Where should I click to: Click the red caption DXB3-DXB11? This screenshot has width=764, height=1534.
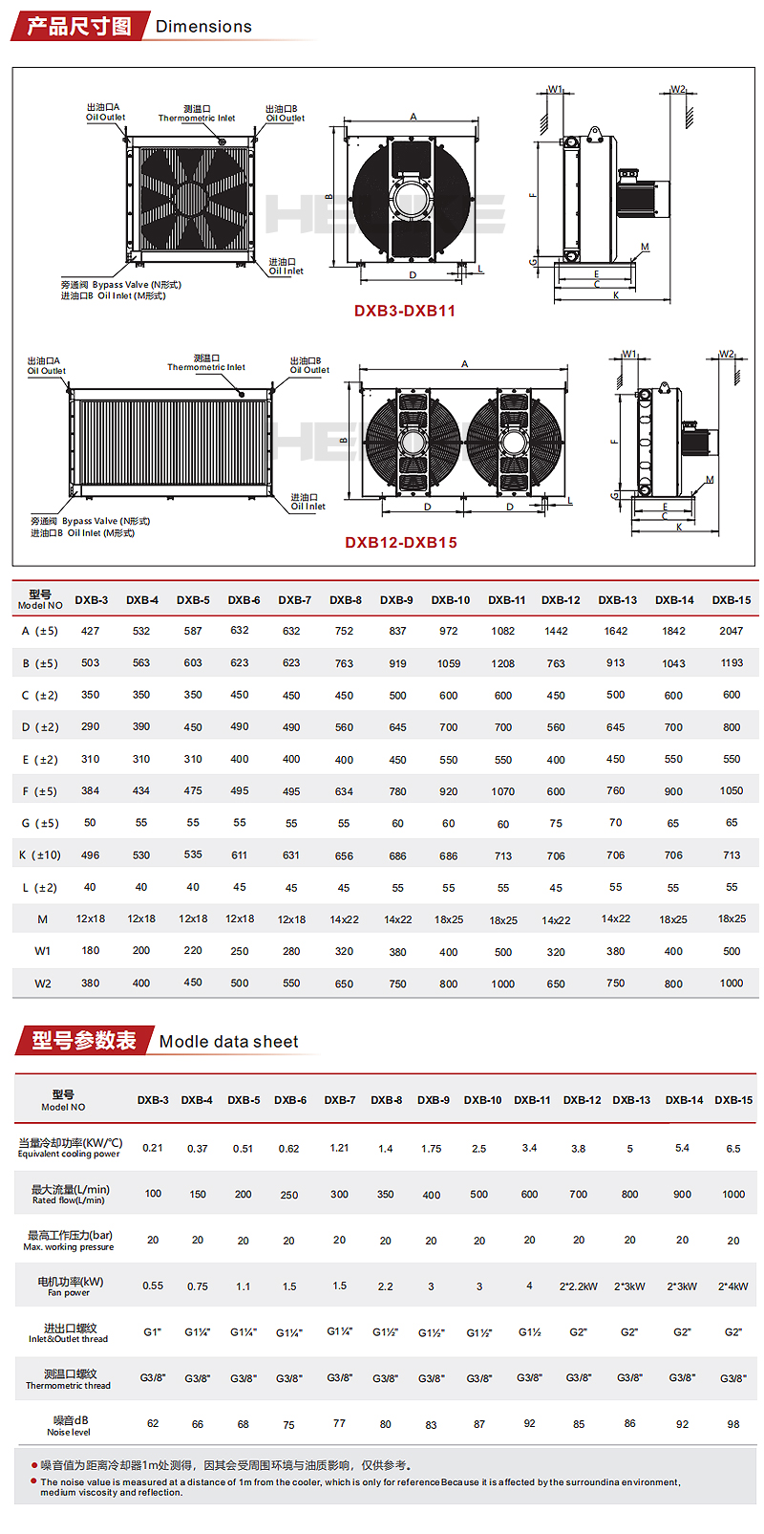[405, 311]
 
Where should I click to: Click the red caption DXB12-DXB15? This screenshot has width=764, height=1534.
[401, 542]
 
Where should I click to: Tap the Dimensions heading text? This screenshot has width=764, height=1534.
[203, 27]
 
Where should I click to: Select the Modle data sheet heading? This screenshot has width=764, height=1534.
[228, 1042]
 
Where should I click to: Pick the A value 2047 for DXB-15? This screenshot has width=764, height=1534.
[732, 631]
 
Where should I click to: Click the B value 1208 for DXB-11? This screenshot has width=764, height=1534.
[503, 663]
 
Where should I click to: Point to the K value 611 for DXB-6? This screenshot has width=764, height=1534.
[240, 855]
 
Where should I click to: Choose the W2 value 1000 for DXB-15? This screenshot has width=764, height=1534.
[732, 983]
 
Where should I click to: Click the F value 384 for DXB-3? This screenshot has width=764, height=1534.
[90, 790]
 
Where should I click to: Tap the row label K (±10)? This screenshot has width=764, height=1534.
[40, 855]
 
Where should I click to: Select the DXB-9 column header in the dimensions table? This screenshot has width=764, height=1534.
[396, 600]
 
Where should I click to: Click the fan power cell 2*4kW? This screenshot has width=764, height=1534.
[733, 1286]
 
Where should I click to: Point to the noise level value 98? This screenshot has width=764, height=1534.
[733, 1424]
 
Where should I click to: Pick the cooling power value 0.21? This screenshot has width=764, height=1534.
[153, 1148]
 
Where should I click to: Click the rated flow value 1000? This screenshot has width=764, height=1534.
[733, 1194]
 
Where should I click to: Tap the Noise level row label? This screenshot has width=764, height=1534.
[69, 1425]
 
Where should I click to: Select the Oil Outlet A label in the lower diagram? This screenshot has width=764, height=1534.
[46, 366]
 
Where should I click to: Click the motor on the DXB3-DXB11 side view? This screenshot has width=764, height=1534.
[634, 199]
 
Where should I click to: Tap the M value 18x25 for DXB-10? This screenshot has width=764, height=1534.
[449, 919]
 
